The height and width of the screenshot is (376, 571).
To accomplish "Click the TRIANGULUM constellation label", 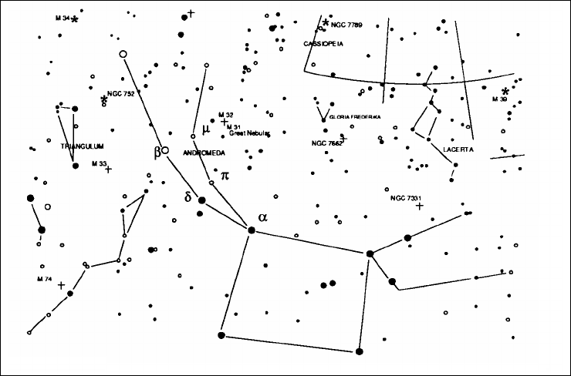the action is [x=81, y=146].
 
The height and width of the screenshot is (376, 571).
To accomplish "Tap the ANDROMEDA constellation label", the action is [x=204, y=153].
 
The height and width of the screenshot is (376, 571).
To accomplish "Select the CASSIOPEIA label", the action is [x=323, y=44].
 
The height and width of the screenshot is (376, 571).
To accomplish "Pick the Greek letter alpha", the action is [x=263, y=217].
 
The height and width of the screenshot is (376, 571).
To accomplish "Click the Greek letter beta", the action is [x=157, y=151].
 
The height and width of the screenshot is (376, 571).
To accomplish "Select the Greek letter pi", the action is [x=225, y=176].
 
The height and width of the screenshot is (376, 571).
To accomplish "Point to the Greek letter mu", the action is [x=205, y=129].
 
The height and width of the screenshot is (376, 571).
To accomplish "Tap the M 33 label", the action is [x=98, y=163].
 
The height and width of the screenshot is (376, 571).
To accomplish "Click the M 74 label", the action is [x=43, y=277].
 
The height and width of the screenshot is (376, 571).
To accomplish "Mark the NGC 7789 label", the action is [x=346, y=25].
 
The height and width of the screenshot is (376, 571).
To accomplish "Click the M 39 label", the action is [x=500, y=99].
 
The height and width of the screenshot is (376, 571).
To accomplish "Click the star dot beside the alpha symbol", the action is [x=251, y=230].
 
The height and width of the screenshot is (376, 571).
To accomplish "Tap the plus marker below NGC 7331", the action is [x=420, y=206].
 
